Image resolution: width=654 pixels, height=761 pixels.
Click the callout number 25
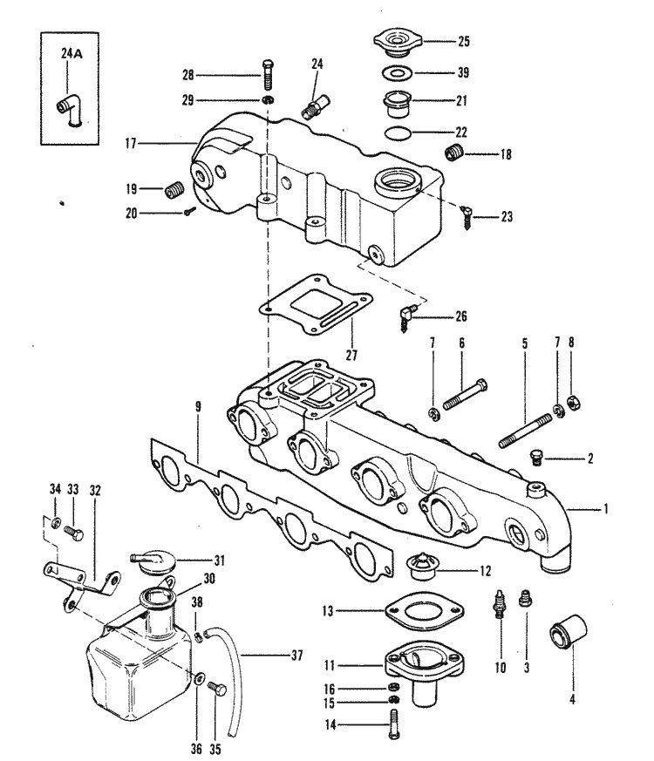464,40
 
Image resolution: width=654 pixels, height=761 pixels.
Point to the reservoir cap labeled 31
149,561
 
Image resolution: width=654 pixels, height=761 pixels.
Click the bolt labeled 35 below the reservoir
219,690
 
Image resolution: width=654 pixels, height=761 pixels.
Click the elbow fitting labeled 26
408,314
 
